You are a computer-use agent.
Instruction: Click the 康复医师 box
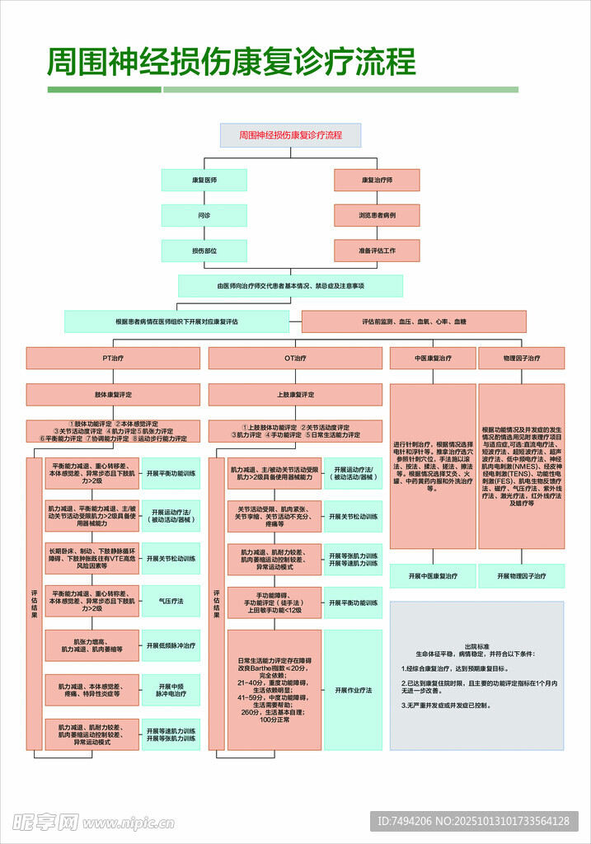point(204,180)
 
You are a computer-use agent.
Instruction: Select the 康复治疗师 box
point(377,180)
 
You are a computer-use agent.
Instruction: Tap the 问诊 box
point(204,215)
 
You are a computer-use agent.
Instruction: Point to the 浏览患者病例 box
point(377,215)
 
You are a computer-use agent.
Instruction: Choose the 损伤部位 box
point(204,251)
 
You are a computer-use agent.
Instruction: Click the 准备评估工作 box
point(377,251)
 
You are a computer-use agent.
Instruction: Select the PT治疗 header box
point(113,359)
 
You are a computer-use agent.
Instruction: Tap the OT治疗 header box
point(295,359)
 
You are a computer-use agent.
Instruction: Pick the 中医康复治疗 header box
point(433,359)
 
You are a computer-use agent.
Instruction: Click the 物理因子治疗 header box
point(522,359)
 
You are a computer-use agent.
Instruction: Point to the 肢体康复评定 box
point(113,395)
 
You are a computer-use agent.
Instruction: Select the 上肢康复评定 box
point(295,395)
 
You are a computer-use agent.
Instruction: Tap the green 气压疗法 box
point(171,601)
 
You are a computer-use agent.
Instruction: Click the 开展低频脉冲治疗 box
point(171,645)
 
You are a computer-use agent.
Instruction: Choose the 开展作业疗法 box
point(353,690)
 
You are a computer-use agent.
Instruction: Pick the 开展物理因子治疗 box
point(522,576)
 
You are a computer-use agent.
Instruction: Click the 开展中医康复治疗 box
point(433,576)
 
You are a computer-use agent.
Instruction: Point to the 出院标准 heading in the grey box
point(476,647)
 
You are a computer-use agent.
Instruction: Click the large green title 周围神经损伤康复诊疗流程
point(231,62)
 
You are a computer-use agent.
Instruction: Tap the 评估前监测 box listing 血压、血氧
point(414,321)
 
